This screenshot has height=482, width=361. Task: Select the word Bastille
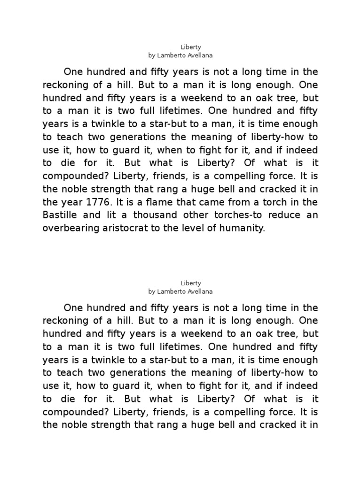point(60,216)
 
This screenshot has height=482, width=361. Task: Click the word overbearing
point(71,229)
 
